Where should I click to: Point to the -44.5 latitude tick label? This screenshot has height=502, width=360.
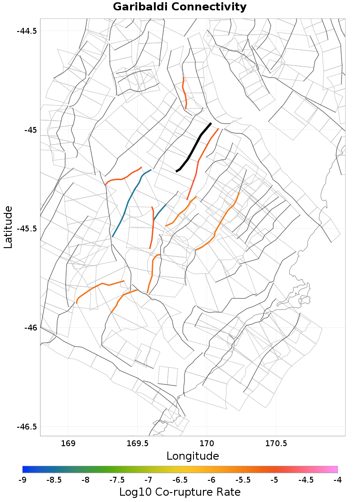[27, 31]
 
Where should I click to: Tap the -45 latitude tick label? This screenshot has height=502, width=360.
[30, 130]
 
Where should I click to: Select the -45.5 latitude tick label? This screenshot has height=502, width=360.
[27, 229]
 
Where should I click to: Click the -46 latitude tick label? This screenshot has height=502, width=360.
[30, 328]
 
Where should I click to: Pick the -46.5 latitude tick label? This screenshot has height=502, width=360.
[27, 426]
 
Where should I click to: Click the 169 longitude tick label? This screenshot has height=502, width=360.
[68, 443]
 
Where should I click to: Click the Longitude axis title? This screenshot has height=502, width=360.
[193, 456]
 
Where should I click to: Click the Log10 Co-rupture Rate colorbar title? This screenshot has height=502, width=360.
[180, 492]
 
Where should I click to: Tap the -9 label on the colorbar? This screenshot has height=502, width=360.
[22, 480]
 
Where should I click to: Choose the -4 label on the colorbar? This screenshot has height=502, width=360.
[337, 480]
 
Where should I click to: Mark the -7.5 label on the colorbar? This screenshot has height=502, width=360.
[117, 480]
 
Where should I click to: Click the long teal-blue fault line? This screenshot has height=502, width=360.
[127, 203]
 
